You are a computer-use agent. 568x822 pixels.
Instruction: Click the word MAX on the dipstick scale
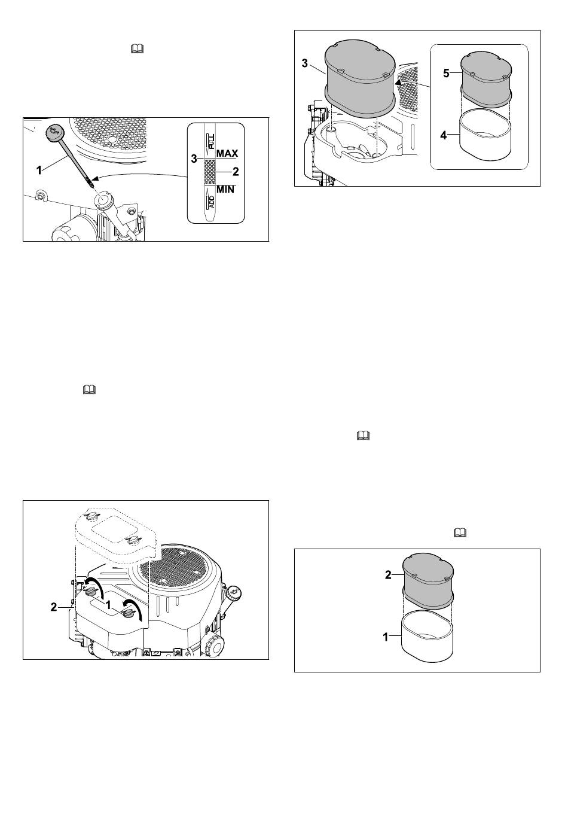tap(227, 154)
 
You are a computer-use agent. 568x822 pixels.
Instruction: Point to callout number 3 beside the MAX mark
tap(194, 159)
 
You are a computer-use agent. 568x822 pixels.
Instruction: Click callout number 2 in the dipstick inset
tap(236, 172)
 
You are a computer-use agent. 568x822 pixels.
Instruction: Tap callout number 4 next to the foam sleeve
tap(443, 135)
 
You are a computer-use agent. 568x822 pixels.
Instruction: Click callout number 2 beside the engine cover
tap(54, 607)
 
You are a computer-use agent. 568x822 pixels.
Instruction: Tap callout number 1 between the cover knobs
tap(109, 605)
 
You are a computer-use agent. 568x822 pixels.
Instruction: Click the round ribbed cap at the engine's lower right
tap(214, 646)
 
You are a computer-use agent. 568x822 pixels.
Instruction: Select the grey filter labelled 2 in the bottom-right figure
tap(427, 576)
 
